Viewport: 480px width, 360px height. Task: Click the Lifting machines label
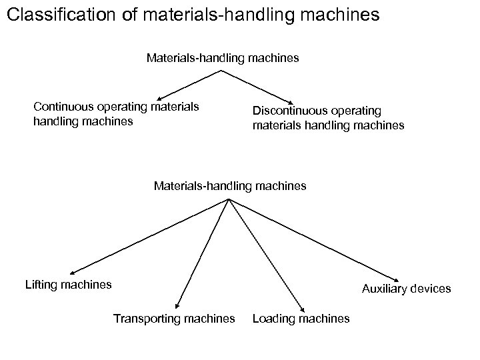tap(68, 285)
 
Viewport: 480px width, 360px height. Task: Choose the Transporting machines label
tap(174, 319)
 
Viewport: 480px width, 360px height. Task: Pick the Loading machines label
tap(301, 319)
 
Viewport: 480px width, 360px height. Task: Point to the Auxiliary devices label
tap(406, 289)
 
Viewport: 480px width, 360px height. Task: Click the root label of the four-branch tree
tap(230, 186)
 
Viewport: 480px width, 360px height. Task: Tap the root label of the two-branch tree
tap(223, 58)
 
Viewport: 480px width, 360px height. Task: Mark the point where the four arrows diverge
tap(229, 199)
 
